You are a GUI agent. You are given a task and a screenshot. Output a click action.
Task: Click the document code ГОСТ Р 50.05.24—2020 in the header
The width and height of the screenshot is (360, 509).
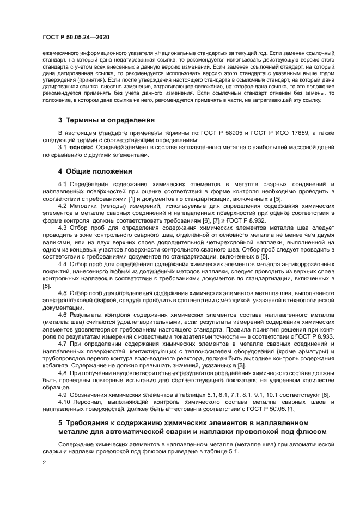76,37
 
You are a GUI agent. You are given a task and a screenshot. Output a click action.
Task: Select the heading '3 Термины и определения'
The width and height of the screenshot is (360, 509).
106,120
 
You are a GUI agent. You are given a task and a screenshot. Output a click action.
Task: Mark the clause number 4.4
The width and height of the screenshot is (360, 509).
63,263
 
